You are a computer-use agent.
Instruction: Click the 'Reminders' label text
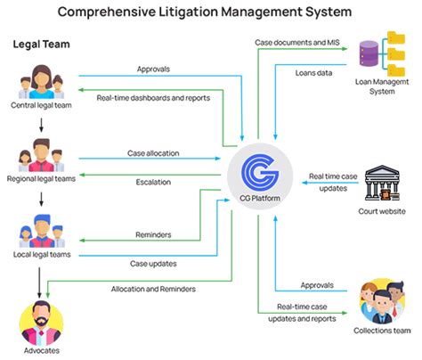coord(154,235)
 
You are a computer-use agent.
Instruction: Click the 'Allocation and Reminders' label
coord(154,289)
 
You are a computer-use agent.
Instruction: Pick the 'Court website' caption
coord(383,211)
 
